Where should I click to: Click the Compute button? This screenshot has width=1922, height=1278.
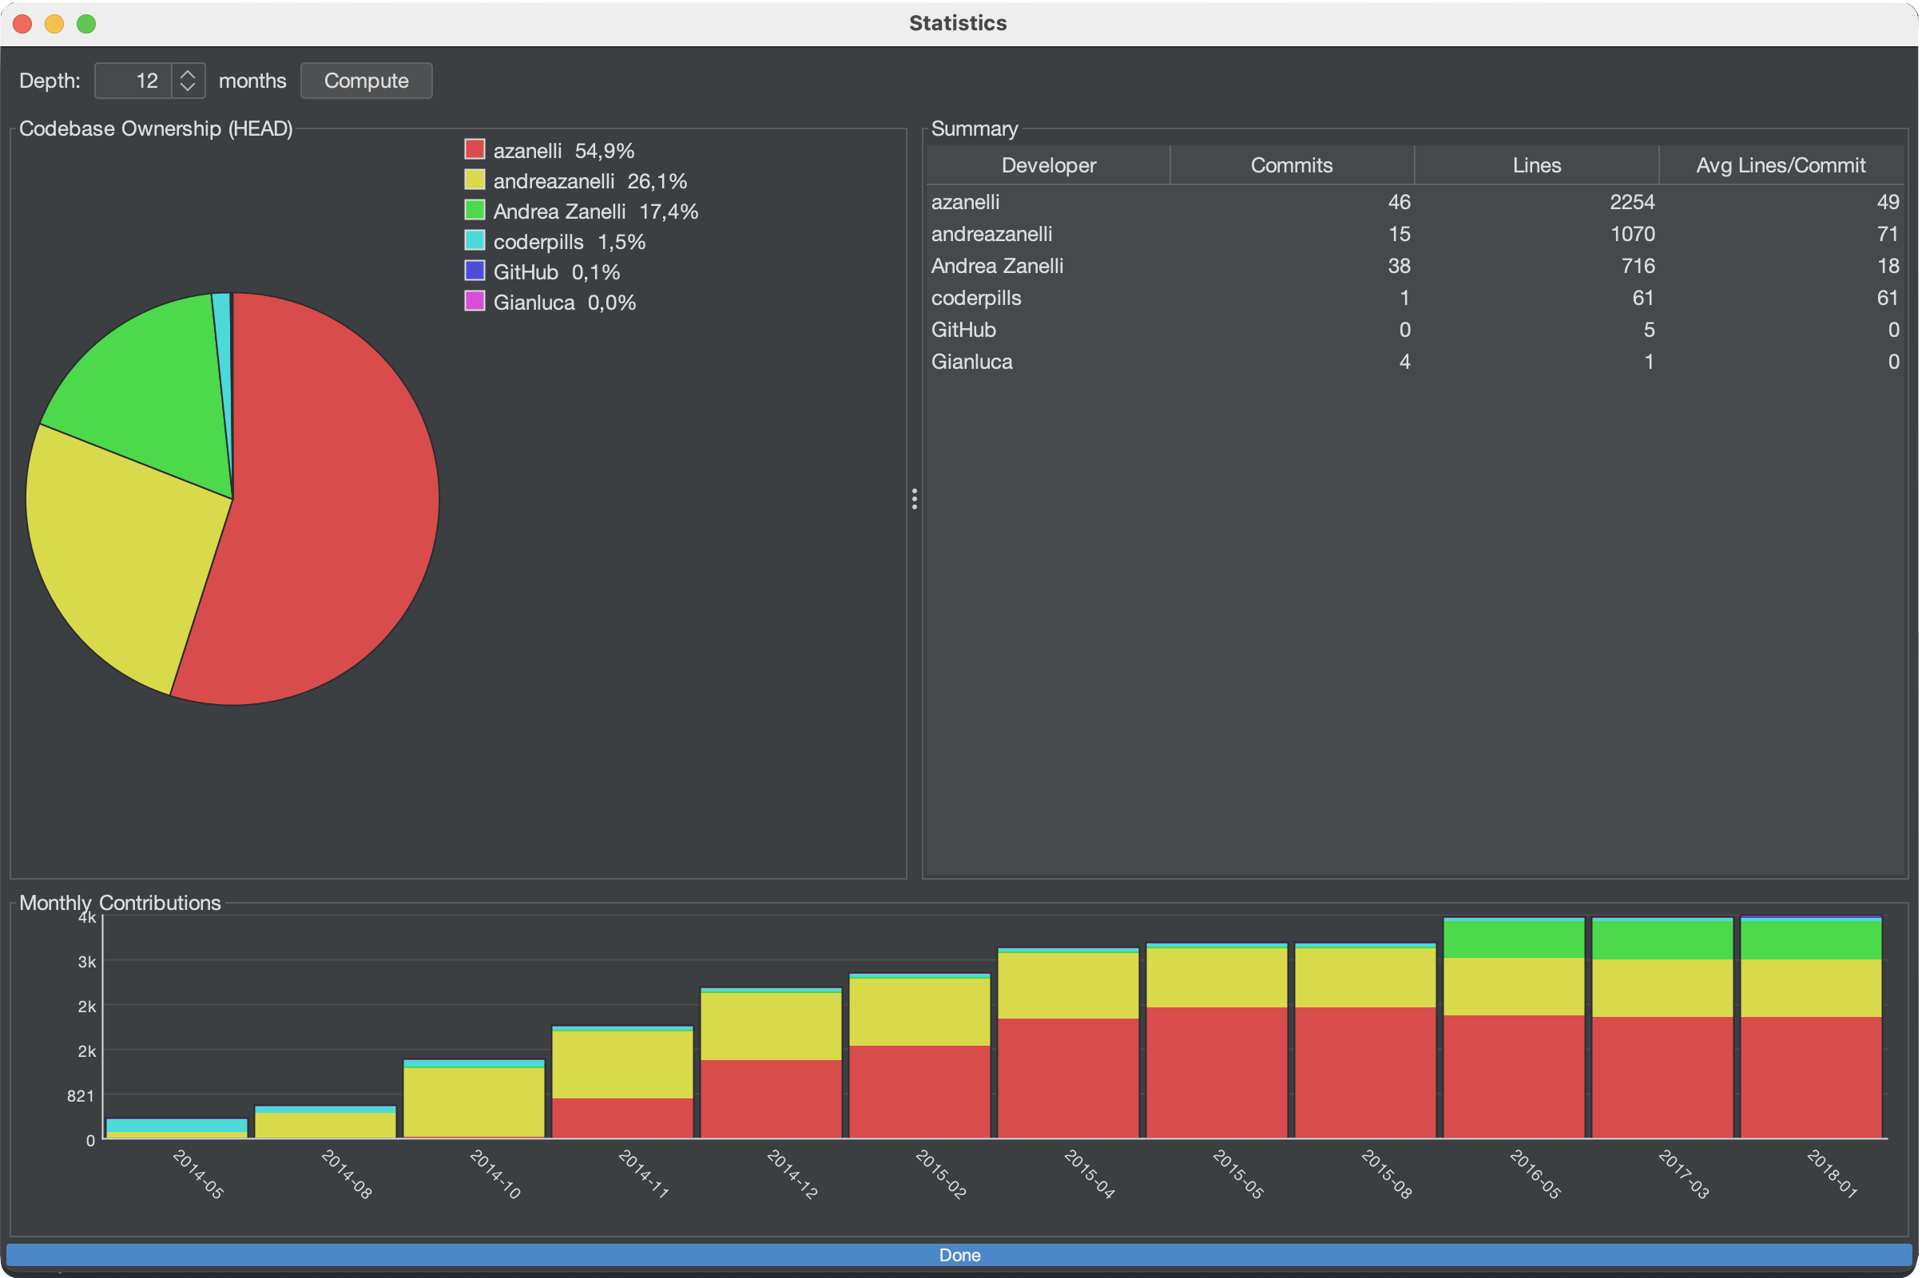(366, 81)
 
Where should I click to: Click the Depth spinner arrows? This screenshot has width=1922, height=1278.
(188, 81)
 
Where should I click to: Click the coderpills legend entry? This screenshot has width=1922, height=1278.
(538, 242)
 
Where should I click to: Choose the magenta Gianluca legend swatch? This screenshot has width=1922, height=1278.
(475, 302)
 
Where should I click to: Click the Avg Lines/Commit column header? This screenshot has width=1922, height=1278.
(1780, 165)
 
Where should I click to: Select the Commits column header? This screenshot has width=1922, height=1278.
(1292, 165)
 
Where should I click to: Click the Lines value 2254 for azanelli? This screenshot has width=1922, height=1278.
(1632, 202)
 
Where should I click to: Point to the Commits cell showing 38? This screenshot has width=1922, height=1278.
(1399, 266)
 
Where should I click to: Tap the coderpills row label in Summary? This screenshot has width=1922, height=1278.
(976, 298)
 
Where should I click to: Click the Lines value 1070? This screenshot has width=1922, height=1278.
(1632, 234)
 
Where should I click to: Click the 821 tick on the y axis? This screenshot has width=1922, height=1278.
(81, 1095)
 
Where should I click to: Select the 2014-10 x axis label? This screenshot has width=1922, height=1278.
(495, 1173)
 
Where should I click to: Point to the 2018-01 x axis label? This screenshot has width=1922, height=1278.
(1832, 1173)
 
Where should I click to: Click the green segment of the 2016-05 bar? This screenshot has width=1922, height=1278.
(1514, 939)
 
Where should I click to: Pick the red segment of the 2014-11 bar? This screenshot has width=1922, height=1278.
(622, 1118)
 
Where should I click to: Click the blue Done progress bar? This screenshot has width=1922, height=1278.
(959, 1255)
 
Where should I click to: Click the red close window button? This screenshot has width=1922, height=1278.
(23, 24)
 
